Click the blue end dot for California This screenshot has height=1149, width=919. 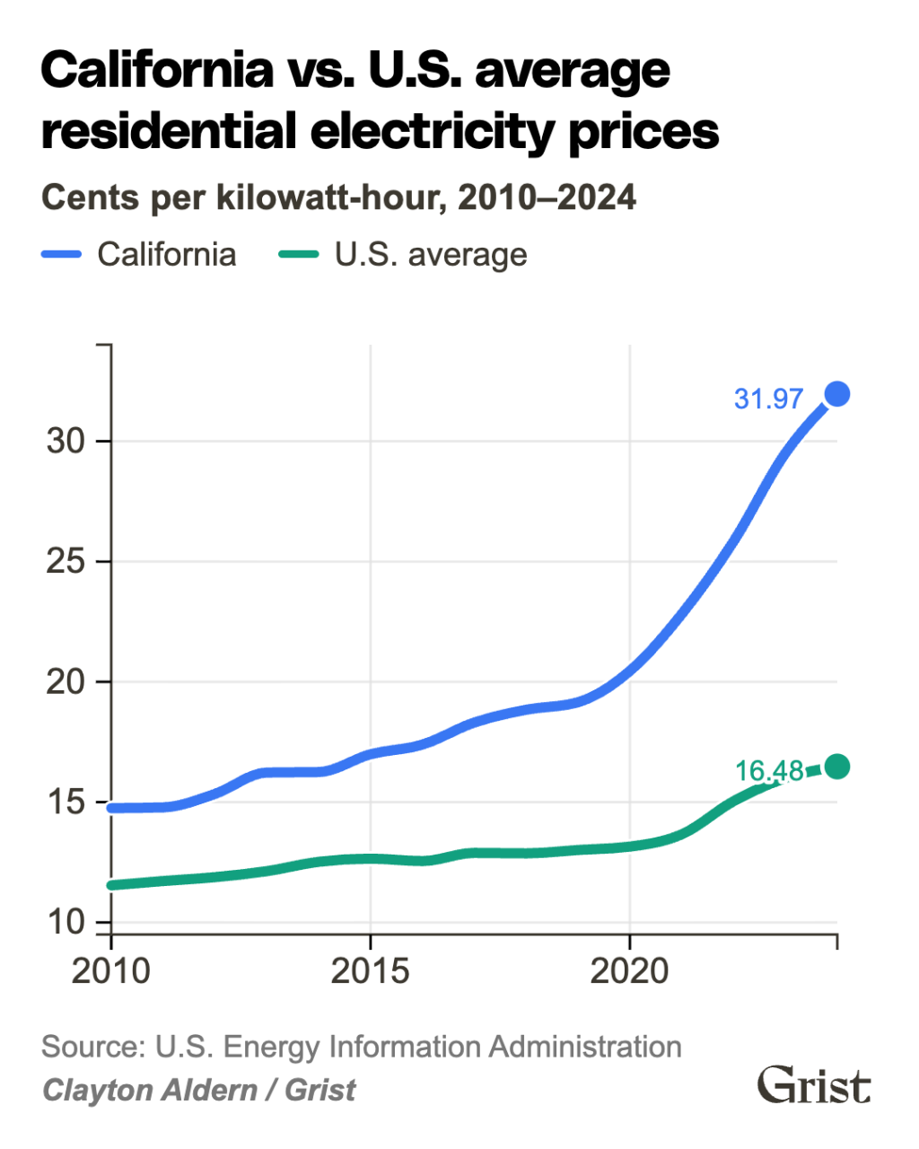click(836, 394)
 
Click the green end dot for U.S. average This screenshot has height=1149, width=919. click(836, 767)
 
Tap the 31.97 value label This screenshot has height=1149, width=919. click(768, 399)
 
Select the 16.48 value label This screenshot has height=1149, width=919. click(769, 771)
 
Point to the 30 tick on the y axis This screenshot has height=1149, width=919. click(65, 442)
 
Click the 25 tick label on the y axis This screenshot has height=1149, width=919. click(65, 562)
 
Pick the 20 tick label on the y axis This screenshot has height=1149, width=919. click(65, 682)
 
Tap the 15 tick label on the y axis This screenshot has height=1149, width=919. click(65, 803)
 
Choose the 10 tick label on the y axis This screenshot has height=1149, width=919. click(65, 922)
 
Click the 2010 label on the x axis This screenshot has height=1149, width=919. click(110, 971)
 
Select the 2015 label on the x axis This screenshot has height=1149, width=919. click(370, 971)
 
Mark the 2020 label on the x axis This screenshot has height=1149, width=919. click(629, 971)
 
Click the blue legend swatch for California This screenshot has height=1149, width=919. click(62, 255)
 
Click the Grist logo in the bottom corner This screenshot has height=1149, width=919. click(814, 1086)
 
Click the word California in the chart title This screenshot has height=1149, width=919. click(158, 70)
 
